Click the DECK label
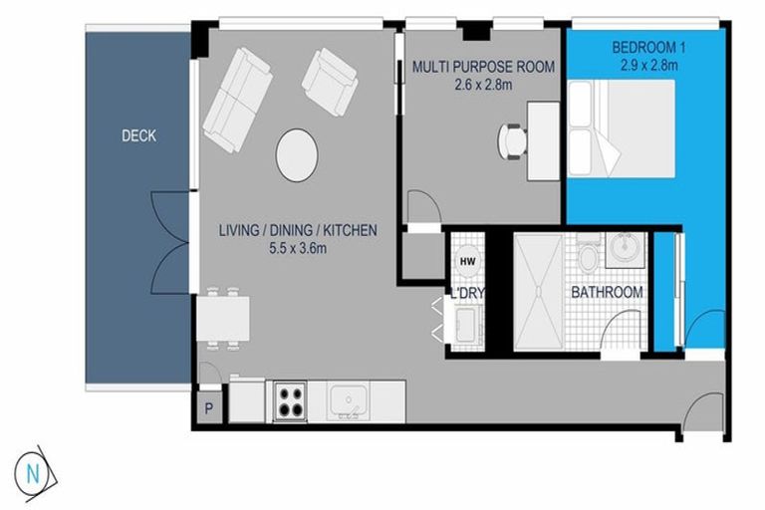click(x=138, y=136)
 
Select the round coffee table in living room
click(x=297, y=155)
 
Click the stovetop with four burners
click(x=290, y=399)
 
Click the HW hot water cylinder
click(x=467, y=260)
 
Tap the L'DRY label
click(x=465, y=295)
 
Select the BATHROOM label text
click(x=606, y=292)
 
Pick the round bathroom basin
click(x=627, y=248)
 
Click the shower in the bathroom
click(x=539, y=291)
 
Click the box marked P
click(x=209, y=407)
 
